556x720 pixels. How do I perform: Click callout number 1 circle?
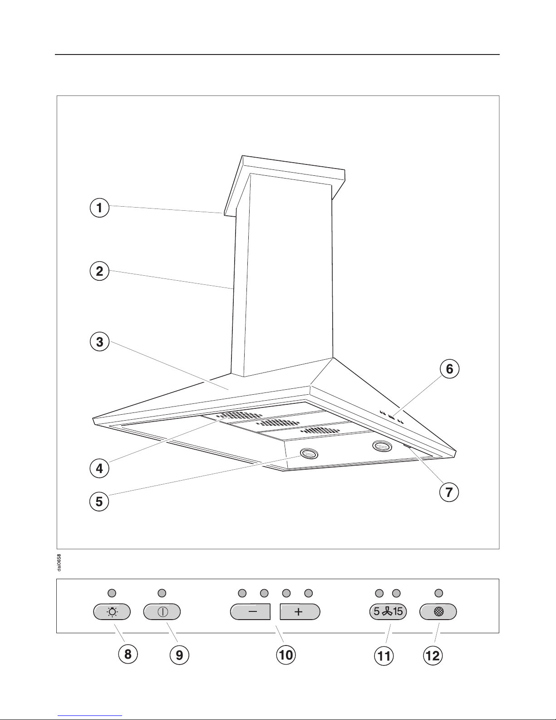tap(99, 208)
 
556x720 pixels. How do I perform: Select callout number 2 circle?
tap(99, 271)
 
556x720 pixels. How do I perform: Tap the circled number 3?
tap(99, 342)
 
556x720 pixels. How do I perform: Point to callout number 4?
tap(99, 468)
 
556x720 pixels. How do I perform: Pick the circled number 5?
tap(99, 502)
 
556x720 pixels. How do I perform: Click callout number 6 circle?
tap(449, 369)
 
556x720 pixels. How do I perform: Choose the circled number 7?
tap(449, 492)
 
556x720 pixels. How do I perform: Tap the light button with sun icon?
tap(112, 611)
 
